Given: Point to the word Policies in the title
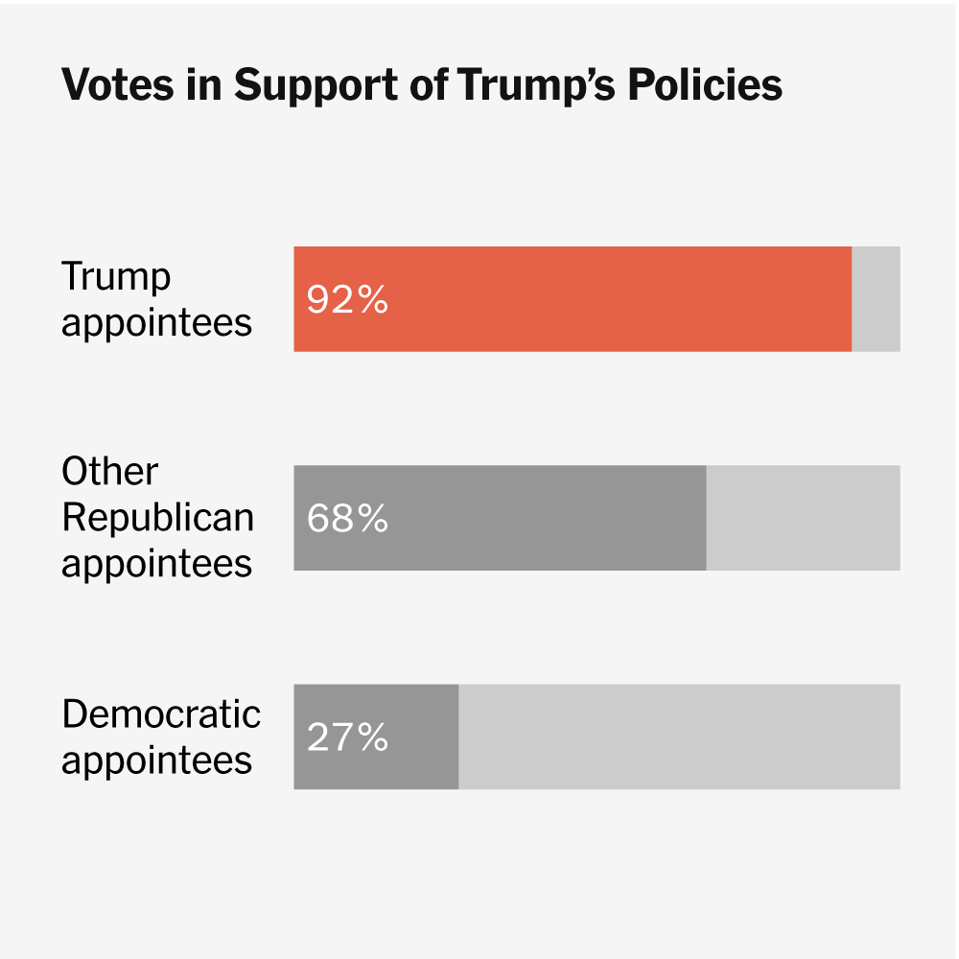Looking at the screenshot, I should click(x=705, y=85).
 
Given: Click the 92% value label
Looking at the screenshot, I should click(x=347, y=300).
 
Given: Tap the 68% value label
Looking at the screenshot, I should click(x=347, y=519).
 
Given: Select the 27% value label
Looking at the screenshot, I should click(x=347, y=737).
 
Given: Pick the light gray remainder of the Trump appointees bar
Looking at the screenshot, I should click(x=876, y=299).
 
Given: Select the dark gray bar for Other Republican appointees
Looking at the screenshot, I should click(x=537, y=518).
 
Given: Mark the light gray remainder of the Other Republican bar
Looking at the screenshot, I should click(x=803, y=518).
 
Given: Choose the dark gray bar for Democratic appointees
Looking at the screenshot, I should click(x=422, y=737).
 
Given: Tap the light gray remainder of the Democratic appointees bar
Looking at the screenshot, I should click(x=679, y=737).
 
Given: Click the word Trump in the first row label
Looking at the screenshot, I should click(x=116, y=277).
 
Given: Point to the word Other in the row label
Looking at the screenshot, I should click(x=109, y=472).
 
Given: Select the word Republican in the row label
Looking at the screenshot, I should click(x=157, y=518).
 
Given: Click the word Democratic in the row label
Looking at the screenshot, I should click(x=161, y=714).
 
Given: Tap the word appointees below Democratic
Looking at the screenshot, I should click(x=157, y=761).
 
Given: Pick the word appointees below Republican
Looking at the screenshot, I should click(x=157, y=564).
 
